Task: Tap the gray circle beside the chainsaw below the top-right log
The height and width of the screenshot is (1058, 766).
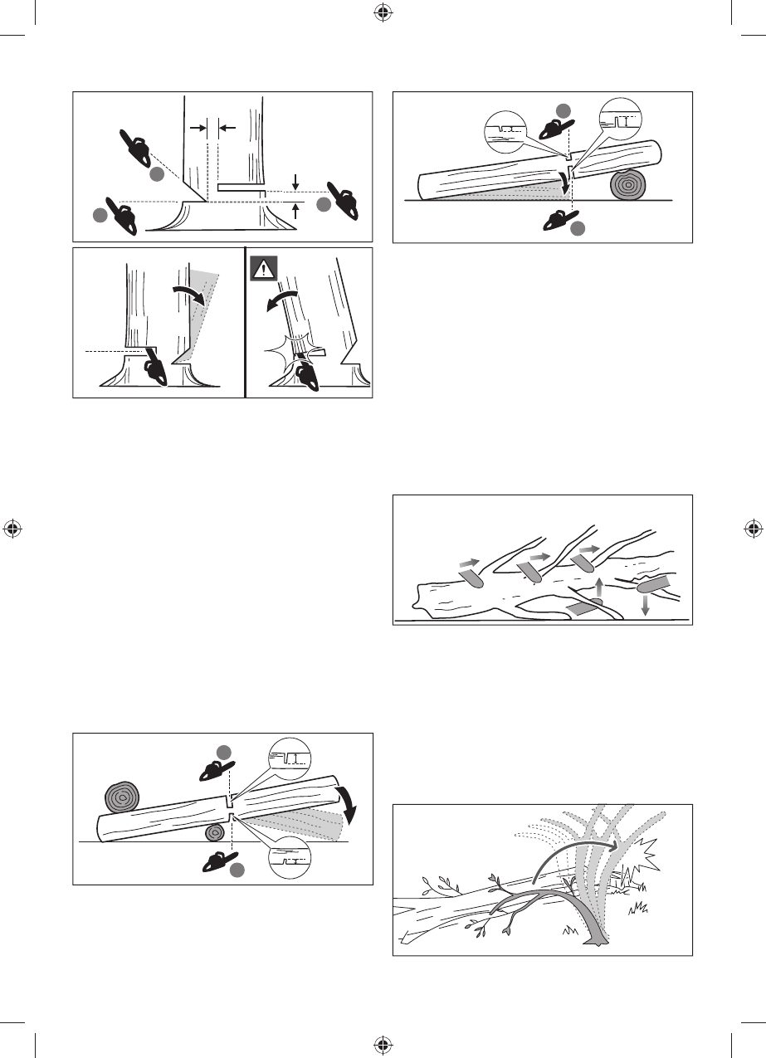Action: coord(578,228)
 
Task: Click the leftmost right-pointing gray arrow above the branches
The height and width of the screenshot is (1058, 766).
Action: coord(469,563)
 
